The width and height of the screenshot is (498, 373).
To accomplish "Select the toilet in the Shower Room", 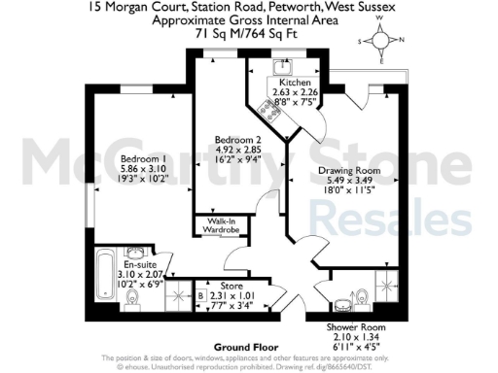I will point(361,294).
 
